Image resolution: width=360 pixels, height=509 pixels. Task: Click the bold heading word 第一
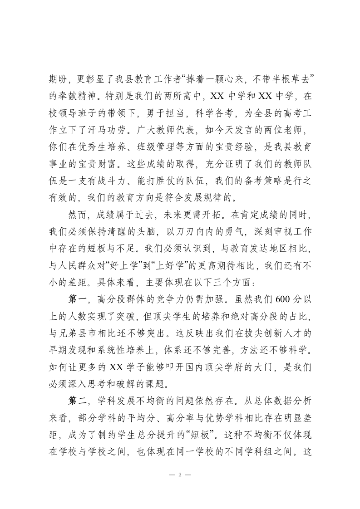pyautogui.click(x=77, y=299)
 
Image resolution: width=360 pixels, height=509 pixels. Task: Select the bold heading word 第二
pyautogui.click(x=77, y=401)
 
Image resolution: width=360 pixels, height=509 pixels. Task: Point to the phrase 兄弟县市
pyautogui.click(x=82, y=333)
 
